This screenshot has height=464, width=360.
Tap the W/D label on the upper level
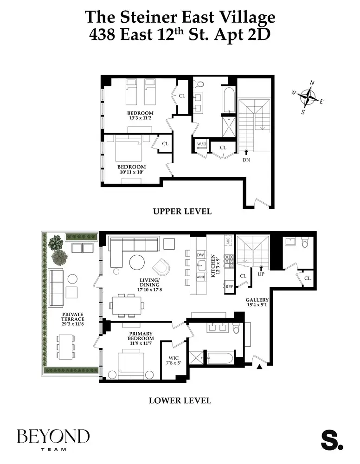coord(202,144)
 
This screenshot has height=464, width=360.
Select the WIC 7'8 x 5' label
coord(173,361)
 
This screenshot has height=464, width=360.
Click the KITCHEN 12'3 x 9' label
coord(215,265)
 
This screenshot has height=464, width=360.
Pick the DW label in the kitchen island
coord(200,255)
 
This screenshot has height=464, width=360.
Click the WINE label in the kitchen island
coord(200,277)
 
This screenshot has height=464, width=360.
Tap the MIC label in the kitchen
coord(228,240)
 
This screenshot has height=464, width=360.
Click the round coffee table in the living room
coord(137,263)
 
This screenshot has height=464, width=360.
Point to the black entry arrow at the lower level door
coord(259,367)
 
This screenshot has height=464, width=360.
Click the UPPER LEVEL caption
coord(182,212)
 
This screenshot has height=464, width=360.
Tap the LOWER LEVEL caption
coord(180,400)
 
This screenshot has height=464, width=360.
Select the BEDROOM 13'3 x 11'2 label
coord(141,116)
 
